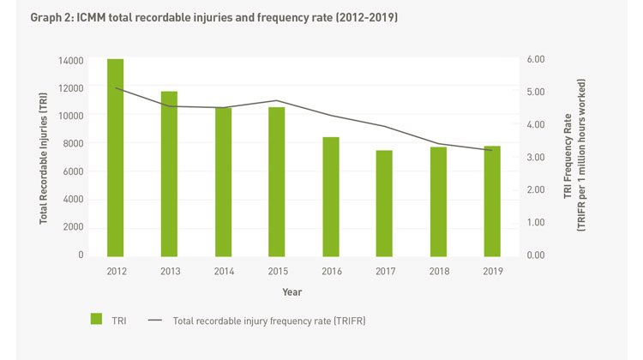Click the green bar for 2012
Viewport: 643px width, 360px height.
point(115,158)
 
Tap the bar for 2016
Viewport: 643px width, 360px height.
point(331,197)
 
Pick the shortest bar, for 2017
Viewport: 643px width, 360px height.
point(384,203)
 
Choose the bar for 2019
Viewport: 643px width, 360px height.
point(492,201)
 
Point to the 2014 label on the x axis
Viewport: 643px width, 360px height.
point(223,271)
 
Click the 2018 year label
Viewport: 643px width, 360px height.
point(438,271)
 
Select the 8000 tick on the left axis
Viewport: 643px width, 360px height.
point(74,144)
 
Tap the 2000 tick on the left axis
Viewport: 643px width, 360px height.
point(74,227)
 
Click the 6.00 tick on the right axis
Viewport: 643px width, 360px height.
point(535,59)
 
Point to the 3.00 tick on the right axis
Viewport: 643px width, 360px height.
point(535,158)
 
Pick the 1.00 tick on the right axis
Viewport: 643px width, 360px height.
point(535,223)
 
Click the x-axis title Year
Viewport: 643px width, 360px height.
point(291,293)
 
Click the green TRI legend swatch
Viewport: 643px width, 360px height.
point(97,320)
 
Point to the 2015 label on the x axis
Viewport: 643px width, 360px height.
point(277,271)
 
